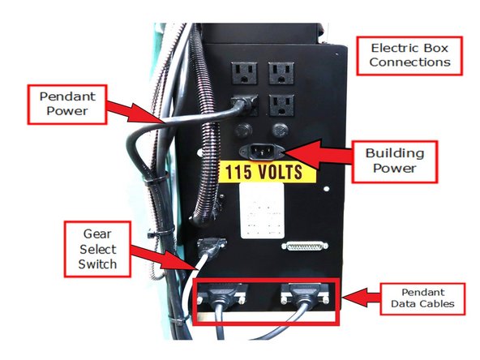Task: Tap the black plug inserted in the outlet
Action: tap(240, 106)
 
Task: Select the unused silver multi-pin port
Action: tap(305, 245)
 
